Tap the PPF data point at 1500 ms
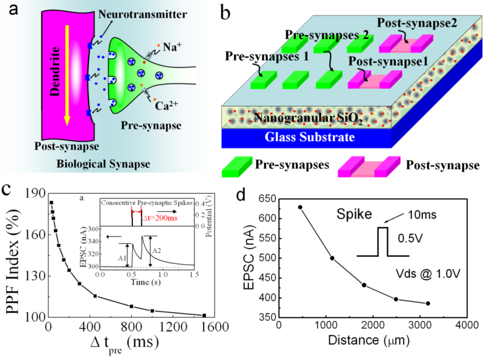pos(204,315)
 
